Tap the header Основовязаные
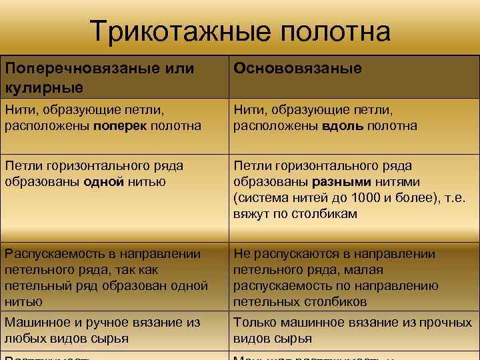click(x=297, y=68)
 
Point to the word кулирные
click(x=44, y=87)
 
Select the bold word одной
click(x=104, y=182)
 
